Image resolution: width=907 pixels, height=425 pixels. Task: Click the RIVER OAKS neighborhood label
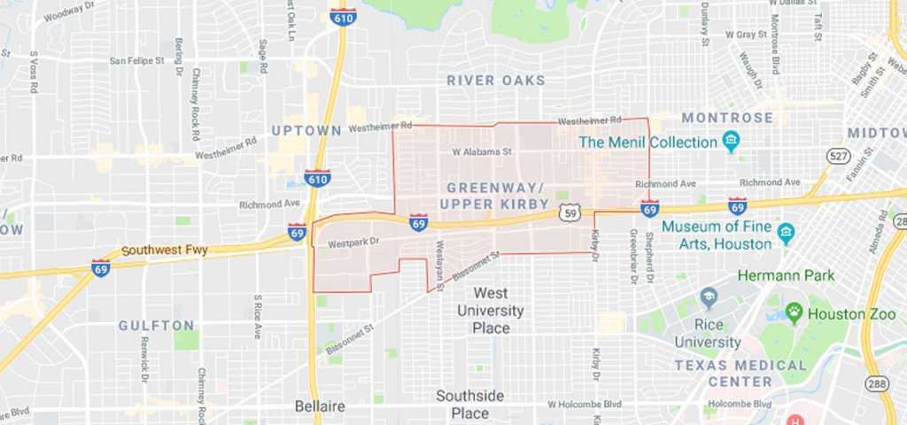(496, 81)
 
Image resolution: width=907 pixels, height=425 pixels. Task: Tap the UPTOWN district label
(306, 130)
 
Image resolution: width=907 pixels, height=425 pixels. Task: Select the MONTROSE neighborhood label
(727, 118)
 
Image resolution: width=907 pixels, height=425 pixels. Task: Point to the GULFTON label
(157, 326)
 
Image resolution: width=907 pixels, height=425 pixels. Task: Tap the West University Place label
(490, 310)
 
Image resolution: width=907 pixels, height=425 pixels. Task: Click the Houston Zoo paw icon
(794, 312)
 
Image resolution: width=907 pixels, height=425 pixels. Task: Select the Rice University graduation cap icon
(708, 296)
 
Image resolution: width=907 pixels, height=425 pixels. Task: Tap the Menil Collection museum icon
(731, 142)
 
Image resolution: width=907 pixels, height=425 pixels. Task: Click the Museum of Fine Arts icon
(785, 234)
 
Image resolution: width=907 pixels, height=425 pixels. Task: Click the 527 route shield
(838, 156)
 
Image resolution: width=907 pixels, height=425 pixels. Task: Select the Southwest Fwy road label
(164, 251)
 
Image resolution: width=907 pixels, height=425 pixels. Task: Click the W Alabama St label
(483, 151)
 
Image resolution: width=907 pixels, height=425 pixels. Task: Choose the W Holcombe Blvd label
(584, 404)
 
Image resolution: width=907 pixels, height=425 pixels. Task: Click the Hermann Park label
(786, 275)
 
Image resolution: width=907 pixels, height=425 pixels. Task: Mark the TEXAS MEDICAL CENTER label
(740, 373)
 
